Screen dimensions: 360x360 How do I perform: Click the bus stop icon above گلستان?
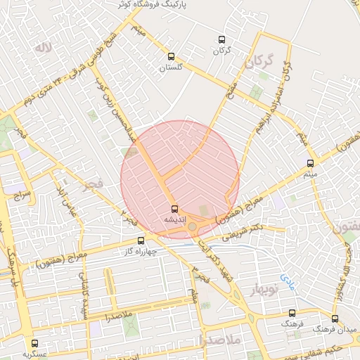click(171, 56)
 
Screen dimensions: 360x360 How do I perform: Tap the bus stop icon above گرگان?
click(222, 39)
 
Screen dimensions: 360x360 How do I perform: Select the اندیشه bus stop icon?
click(174, 209)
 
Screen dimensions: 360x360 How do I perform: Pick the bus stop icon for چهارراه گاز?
click(141, 240)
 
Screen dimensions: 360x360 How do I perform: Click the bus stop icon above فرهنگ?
click(292, 314)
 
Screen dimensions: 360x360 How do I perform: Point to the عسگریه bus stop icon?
click(35, 343)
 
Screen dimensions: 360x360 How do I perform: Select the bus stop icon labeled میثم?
click(311, 162)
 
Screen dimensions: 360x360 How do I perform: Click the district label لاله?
click(44, 48)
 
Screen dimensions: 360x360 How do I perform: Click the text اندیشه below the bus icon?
click(174, 219)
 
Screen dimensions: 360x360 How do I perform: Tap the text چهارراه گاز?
click(139, 251)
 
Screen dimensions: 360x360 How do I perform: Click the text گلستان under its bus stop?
click(171, 67)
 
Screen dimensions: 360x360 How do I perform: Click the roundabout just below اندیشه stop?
click(192, 226)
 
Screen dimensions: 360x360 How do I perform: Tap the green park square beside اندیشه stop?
click(205, 210)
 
